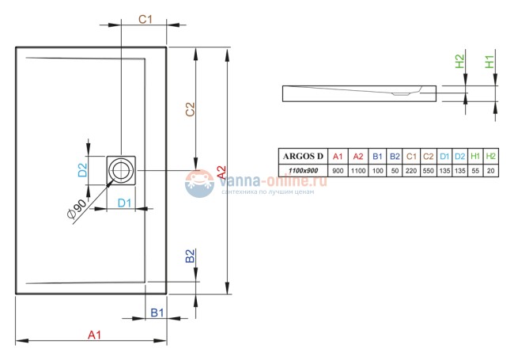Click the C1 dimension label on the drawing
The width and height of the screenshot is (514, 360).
[x=146, y=19]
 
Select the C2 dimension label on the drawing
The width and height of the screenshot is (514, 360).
[x=190, y=110]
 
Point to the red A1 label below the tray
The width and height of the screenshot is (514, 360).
[x=94, y=335]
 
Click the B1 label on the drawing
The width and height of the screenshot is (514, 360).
[x=157, y=313]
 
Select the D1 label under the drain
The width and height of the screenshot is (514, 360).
[x=124, y=203]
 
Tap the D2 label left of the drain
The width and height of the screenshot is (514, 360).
[x=81, y=169]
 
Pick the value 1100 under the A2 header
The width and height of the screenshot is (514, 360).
[x=357, y=170]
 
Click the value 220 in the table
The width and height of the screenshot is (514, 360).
[x=410, y=170]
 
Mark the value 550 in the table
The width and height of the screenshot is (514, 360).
[x=428, y=170]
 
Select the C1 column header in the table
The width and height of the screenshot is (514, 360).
[x=410, y=156]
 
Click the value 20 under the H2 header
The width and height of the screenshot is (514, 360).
[x=491, y=170]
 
